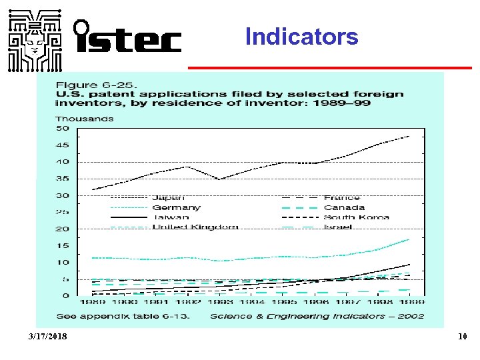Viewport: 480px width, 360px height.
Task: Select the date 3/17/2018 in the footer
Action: tap(48, 337)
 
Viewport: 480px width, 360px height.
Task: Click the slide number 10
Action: tap(462, 337)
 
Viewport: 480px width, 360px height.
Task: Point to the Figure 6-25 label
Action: tap(96, 85)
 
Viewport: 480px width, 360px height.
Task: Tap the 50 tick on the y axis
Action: tap(62, 128)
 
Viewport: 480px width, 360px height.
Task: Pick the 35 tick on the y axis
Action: tap(62, 179)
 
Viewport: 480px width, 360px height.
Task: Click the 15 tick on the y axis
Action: tap(62, 246)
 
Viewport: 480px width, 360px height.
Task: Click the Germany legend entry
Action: tap(176, 207)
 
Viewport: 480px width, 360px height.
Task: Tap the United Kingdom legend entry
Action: tap(195, 227)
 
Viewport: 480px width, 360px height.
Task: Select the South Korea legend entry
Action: tap(356, 217)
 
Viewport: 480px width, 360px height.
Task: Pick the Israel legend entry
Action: tap(338, 227)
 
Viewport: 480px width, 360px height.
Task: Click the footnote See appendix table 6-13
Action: tap(123, 316)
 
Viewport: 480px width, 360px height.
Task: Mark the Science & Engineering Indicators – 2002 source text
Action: tap(317, 316)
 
